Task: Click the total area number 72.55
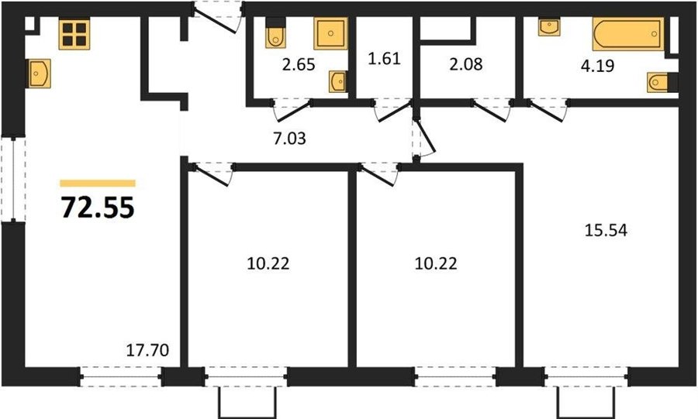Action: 98,208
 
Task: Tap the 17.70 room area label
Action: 147,350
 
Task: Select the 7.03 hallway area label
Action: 289,139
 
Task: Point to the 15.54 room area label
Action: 606,230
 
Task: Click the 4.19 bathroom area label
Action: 597,66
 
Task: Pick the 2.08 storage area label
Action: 465,64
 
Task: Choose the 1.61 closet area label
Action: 384,58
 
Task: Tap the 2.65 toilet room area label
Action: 299,64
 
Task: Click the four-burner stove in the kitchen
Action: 74,34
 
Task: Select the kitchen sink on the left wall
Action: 38,74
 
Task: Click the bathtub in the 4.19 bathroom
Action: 627,34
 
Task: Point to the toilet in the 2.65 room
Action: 275,33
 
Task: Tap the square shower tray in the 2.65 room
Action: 330,33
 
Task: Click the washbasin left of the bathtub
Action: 549,26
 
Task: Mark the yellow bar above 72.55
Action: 98,184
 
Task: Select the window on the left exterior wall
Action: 13,180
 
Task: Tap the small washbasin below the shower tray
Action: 338,82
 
